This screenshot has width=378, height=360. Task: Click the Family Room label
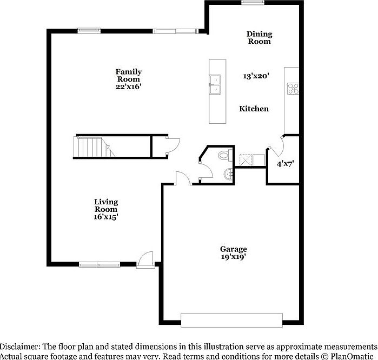point(128,75)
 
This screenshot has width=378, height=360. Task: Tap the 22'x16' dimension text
point(128,86)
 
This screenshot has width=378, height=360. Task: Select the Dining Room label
point(260,37)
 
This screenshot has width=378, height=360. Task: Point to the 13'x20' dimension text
point(256,77)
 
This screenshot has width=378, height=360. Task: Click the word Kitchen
point(254,109)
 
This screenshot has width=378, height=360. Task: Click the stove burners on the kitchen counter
point(293,88)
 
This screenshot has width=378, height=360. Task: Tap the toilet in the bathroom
point(223,156)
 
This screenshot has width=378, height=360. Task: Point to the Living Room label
point(106,205)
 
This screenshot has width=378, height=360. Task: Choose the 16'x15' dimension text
point(106,217)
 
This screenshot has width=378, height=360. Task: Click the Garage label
point(234,249)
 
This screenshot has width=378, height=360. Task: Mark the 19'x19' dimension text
point(234,257)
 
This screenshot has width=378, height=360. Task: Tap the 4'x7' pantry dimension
point(285,163)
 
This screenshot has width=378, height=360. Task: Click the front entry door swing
point(145,259)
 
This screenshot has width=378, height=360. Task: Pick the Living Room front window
point(97,264)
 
